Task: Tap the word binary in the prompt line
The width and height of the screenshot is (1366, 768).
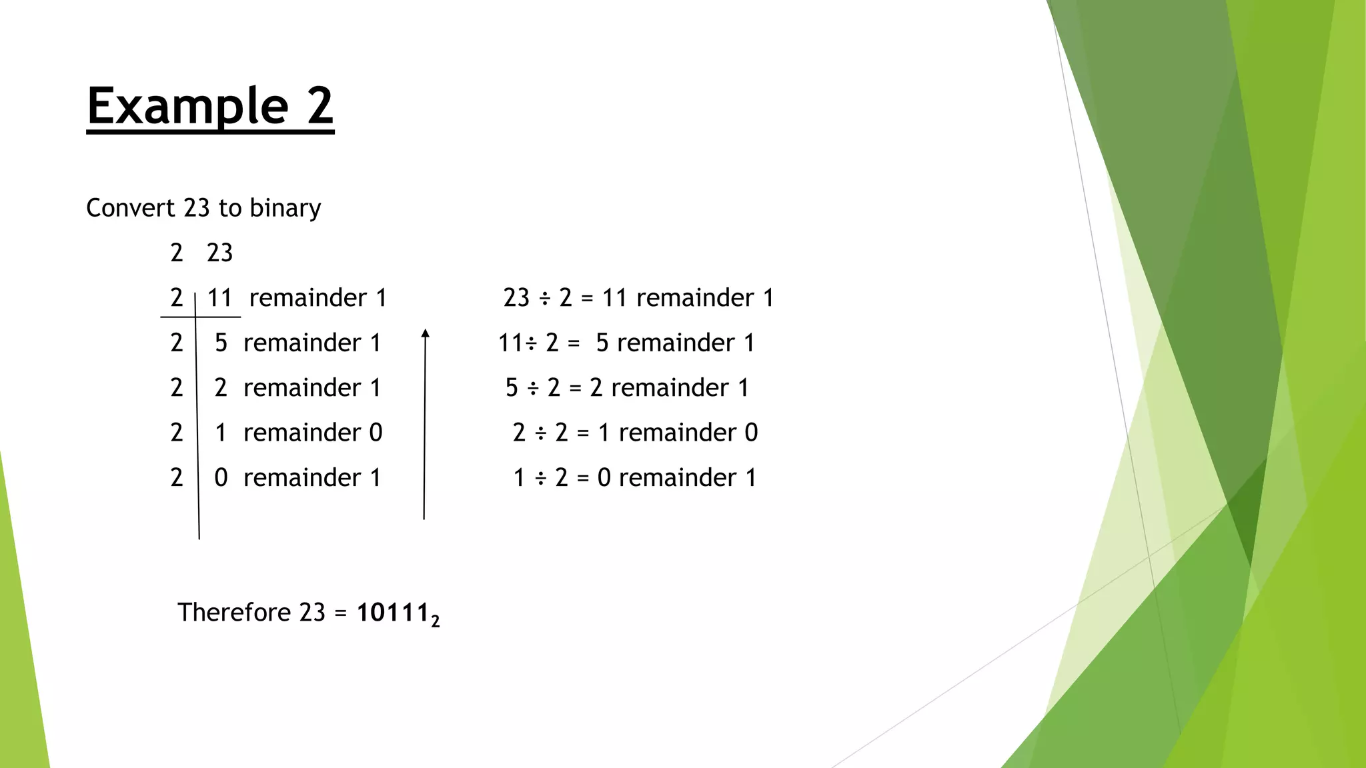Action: coord(285,208)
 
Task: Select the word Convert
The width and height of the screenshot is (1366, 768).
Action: coord(131,208)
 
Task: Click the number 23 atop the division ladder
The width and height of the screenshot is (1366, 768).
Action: coord(219,253)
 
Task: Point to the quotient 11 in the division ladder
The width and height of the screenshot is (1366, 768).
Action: coord(219,298)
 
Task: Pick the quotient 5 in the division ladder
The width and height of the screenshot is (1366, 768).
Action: coord(221,343)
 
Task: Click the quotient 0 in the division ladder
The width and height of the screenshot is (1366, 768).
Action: coord(221,478)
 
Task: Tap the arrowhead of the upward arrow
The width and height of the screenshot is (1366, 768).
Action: coord(426,334)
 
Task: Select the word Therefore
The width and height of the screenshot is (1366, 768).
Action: coord(234,612)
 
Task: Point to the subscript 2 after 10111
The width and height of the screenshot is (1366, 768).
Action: coord(436,621)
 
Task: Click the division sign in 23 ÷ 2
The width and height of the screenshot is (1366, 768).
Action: coord(544,298)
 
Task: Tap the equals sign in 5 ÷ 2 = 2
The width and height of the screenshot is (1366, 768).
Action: coord(576,388)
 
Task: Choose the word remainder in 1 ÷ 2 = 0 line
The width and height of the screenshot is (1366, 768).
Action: coord(677,478)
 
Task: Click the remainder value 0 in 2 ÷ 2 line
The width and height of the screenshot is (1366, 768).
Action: coord(751,433)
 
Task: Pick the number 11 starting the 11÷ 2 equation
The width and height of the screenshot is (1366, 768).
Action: coord(510,343)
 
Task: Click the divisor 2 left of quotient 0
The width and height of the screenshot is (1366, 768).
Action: coord(177,478)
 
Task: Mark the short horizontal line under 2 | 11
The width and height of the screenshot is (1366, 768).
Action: coord(200,317)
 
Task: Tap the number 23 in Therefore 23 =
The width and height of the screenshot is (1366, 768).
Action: coord(312,612)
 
